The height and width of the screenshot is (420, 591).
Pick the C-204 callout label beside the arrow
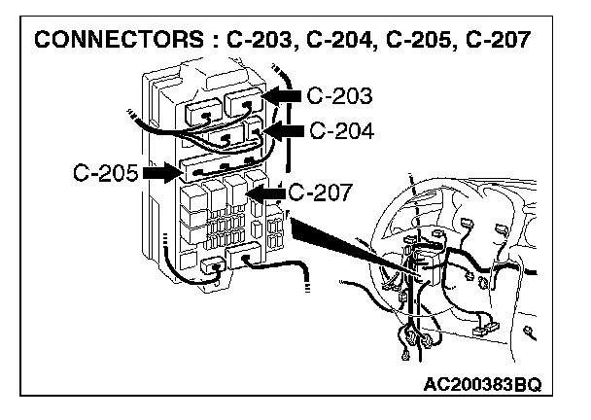click(x=341, y=129)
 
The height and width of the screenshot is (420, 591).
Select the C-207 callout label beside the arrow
click(x=324, y=192)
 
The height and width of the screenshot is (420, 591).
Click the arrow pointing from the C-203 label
click(x=283, y=96)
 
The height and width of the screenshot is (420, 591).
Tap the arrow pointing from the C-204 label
click(x=285, y=129)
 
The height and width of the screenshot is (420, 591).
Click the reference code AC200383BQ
click(x=497, y=385)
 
